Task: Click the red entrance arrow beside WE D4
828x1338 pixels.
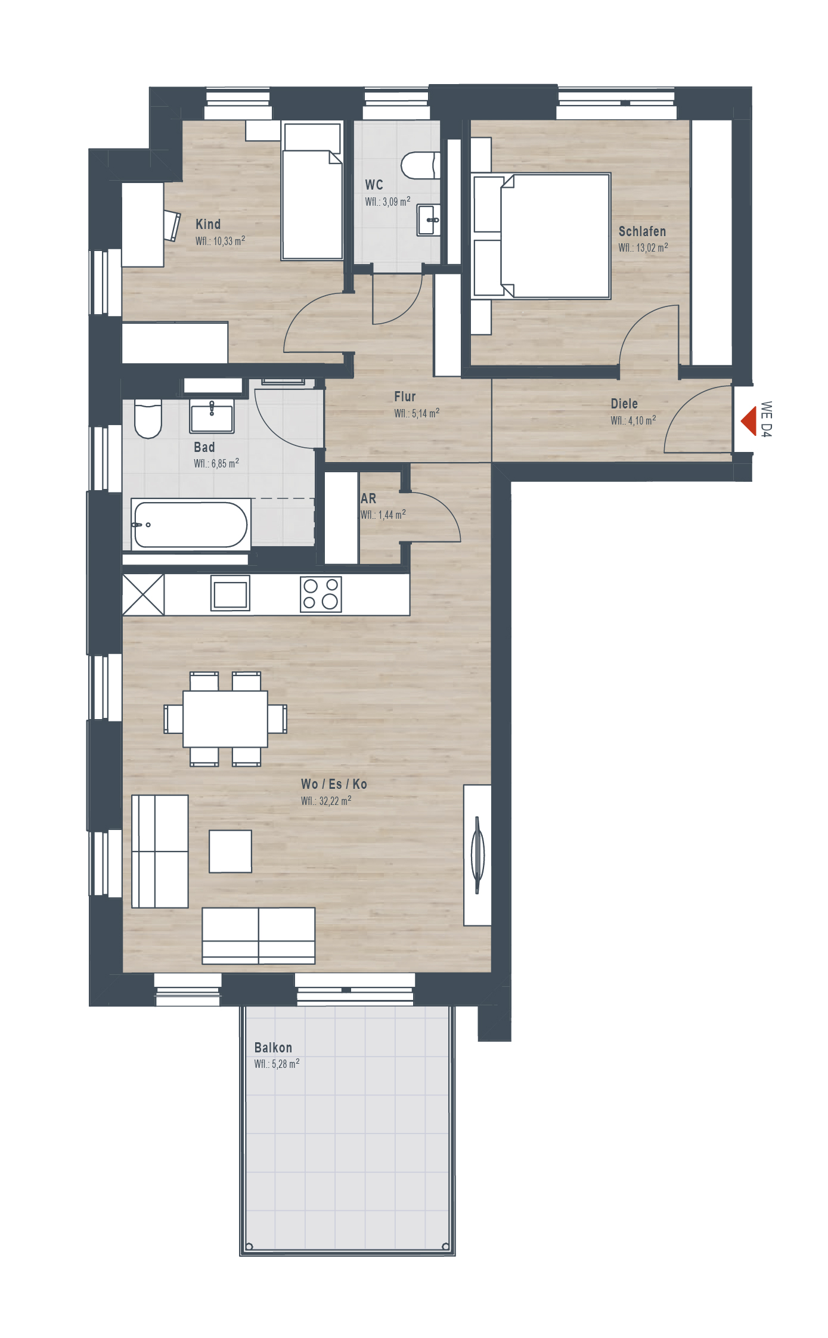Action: (749, 421)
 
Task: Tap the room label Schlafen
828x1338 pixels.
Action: (642, 231)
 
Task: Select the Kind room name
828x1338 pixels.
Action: (208, 224)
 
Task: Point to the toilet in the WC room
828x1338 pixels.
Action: (421, 166)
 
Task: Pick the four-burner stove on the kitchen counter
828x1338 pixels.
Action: (321, 594)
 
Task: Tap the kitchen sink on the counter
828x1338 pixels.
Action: (230, 593)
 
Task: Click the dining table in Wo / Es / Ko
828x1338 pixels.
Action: (225, 718)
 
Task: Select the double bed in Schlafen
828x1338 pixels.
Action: (541, 236)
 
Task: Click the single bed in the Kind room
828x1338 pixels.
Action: (312, 191)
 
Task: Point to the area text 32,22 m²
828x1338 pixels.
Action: (334, 800)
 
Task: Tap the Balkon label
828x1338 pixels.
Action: (273, 1048)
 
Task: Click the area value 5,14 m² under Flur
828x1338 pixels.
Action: (425, 413)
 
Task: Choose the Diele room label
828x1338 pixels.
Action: (624, 404)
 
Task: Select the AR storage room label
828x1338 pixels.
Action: (368, 498)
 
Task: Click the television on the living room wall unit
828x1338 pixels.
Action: (477, 854)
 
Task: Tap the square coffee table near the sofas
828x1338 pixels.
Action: (230, 851)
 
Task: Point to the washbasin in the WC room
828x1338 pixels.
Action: (429, 220)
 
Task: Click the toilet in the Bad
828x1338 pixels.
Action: (148, 419)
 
